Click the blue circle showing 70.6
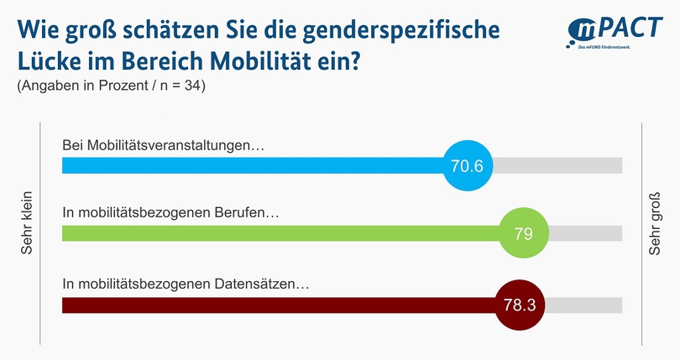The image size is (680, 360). click(x=467, y=165)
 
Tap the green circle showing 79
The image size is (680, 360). click(x=524, y=233)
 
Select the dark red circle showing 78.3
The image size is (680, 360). click(x=519, y=304)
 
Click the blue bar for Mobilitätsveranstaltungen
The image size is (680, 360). click(x=252, y=165)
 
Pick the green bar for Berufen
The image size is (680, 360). click(x=277, y=233)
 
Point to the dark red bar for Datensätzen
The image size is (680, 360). click(x=277, y=304)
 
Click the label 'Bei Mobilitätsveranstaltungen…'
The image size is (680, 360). click(x=164, y=145)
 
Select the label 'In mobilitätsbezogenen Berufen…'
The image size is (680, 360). click(x=171, y=213)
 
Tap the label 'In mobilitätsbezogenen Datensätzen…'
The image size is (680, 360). click(x=186, y=284)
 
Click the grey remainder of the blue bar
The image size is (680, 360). click(x=557, y=165)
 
